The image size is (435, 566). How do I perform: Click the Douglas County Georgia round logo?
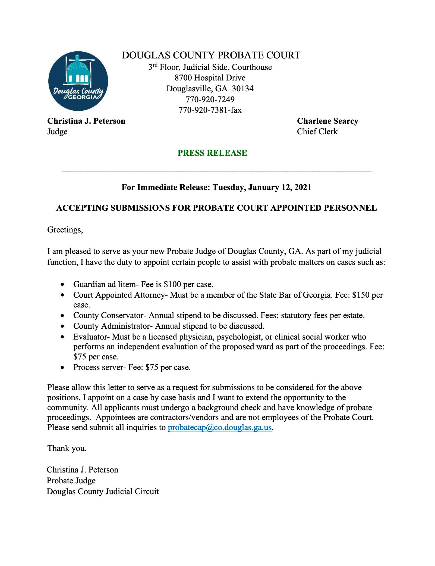coord(78,81)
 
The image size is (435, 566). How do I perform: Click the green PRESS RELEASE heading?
coord(212,153)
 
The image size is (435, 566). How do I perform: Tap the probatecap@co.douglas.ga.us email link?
coord(220,427)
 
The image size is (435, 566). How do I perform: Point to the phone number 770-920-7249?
coord(210,99)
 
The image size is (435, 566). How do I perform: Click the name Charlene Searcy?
coord(327,121)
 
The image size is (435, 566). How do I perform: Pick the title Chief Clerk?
coord(317,132)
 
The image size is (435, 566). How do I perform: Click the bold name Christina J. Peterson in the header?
coord(86,121)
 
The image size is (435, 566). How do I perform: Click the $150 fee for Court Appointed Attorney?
coord(361,295)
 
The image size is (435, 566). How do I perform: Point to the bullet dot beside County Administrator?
coord(63,326)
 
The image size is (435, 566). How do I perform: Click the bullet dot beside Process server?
coord(63,368)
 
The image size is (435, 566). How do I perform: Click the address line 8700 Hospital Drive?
coord(210,78)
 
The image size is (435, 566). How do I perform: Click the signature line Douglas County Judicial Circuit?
coord(103,492)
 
